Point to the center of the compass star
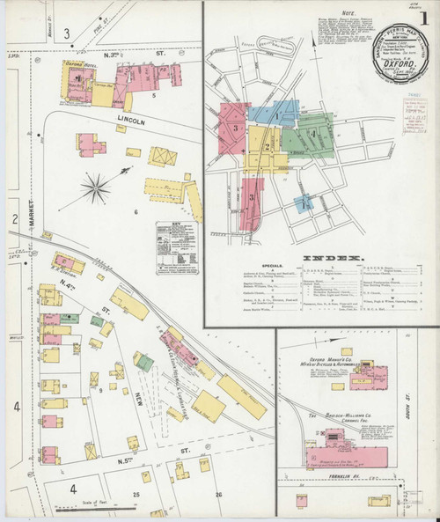[98, 186]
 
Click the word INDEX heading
[334, 259]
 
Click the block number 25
[136, 495]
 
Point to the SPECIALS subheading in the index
[275, 265]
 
